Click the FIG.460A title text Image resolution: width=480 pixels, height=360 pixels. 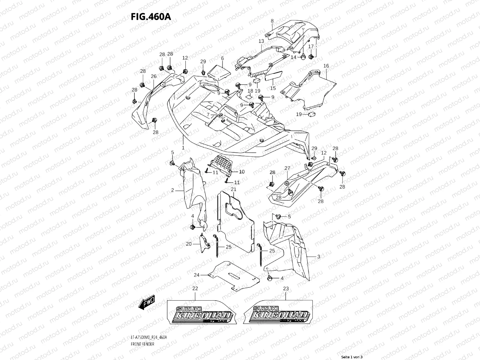151,16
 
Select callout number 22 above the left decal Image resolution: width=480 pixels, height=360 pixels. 195,289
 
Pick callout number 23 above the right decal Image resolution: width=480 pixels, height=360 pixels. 286,289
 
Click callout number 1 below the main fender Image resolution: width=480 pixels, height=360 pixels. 183,148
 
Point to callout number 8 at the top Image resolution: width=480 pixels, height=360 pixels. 272,21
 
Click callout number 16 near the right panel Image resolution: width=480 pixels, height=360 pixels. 326,66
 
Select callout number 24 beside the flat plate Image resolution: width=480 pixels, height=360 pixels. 196,275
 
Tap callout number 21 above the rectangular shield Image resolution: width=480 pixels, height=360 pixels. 233,189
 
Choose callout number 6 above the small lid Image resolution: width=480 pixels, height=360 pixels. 222,58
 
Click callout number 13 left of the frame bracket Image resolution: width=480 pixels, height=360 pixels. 261,41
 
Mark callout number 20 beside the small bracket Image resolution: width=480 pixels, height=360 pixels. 188,244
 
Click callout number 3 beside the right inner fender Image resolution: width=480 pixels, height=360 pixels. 319,256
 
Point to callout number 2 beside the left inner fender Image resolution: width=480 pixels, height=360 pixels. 173,190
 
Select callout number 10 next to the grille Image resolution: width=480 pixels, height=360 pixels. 242,172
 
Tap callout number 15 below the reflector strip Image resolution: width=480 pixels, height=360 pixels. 273,88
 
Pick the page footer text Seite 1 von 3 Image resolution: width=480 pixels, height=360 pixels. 352,357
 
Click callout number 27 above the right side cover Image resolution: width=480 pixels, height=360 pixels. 287,168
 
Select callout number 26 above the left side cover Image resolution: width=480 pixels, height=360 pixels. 154,76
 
